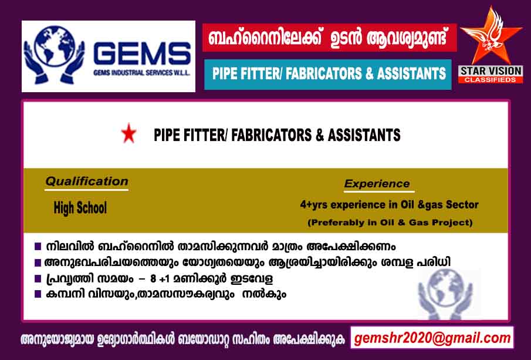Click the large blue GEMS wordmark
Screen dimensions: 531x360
click(x=142, y=53)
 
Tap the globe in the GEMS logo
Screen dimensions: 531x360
click(x=54, y=45)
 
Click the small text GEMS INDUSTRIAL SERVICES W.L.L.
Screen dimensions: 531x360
click(x=141, y=73)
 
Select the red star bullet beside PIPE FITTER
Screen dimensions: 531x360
click(x=128, y=133)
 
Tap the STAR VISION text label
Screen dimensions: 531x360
click(x=491, y=71)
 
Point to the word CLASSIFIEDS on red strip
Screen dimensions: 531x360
click(x=491, y=80)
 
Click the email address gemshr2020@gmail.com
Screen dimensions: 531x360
click(x=432, y=338)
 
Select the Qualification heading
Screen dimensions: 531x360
click(x=87, y=181)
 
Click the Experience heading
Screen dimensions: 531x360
click(x=377, y=184)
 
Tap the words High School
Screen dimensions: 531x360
click(x=80, y=207)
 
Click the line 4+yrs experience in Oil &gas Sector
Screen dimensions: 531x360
click(x=389, y=205)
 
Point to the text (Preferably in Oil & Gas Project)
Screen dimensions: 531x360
click(x=390, y=223)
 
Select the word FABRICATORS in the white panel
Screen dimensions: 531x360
click(x=271, y=135)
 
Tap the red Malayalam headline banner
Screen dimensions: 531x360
click(x=330, y=38)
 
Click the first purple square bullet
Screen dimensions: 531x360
click(x=38, y=246)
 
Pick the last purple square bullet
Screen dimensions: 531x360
click(x=38, y=294)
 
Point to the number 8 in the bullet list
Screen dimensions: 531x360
click(x=153, y=279)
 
